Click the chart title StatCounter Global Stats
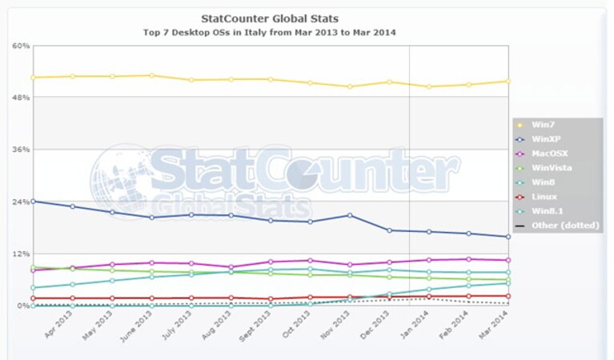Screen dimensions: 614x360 click(270, 18)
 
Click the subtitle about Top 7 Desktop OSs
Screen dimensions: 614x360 click(270, 33)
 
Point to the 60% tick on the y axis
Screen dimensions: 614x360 click(21, 46)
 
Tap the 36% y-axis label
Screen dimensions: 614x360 click(21, 150)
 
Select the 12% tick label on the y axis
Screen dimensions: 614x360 click(21, 254)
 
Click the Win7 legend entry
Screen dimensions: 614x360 click(543, 125)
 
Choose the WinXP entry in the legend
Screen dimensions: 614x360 click(546, 139)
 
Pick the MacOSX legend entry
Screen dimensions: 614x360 click(549, 154)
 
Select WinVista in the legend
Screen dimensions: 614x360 click(552, 168)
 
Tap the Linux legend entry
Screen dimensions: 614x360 click(544, 197)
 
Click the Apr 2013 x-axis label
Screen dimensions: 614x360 click(58, 324)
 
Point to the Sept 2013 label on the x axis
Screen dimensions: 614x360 click(255, 326)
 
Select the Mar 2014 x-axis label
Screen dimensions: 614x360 click(493, 324)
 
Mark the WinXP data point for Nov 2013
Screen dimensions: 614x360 click(350, 215)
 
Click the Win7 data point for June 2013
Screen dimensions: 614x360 click(151, 75)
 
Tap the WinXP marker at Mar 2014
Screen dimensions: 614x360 click(508, 237)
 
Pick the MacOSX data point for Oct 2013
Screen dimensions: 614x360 click(310, 260)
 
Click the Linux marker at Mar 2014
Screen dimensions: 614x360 click(508, 296)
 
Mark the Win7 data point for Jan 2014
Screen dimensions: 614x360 click(429, 86)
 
